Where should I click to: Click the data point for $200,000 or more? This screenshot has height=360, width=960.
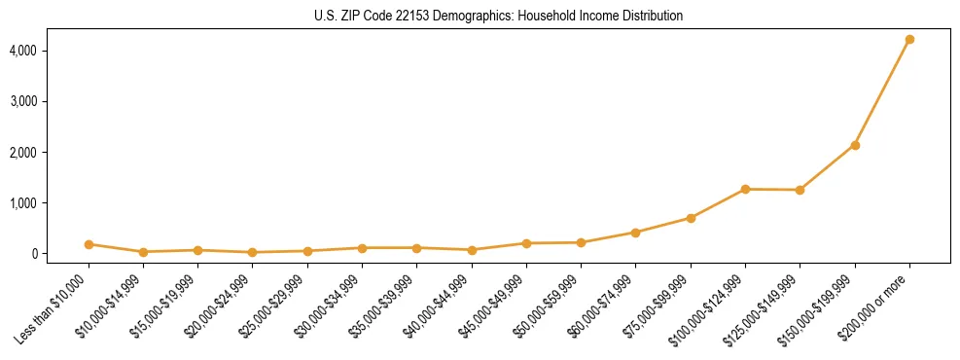pos(909,39)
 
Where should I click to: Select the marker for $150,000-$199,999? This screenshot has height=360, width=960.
pos(855,145)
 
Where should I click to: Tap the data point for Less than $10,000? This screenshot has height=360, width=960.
pos(89,244)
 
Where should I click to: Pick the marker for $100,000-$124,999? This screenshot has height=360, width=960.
pos(745,189)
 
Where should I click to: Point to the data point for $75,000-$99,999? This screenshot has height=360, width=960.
pos(691,218)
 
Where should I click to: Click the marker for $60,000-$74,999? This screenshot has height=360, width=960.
pos(636,233)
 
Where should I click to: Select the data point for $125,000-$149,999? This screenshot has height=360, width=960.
pos(800,190)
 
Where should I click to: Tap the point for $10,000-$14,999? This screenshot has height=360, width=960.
pos(143,252)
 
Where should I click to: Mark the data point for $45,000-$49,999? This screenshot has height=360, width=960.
pos(526,243)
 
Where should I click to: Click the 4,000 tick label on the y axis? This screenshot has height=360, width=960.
pos(51,51)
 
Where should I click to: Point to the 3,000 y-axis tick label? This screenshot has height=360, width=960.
pos(51,101)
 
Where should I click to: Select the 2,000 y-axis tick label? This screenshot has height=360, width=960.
pos(51,153)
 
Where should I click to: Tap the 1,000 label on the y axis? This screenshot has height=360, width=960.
pos(51,203)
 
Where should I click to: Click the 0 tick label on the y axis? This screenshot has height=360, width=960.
pos(61,254)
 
